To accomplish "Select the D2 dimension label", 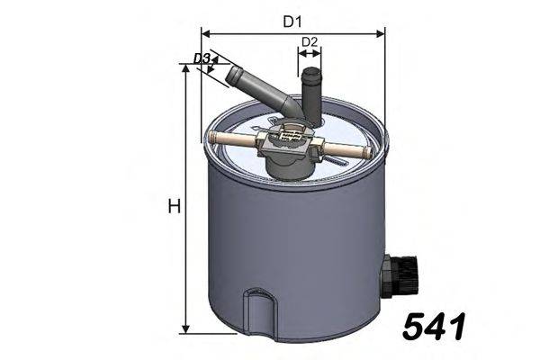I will point(310,42).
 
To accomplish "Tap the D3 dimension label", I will point(202,59).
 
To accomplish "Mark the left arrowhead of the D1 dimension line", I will point(205,33).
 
